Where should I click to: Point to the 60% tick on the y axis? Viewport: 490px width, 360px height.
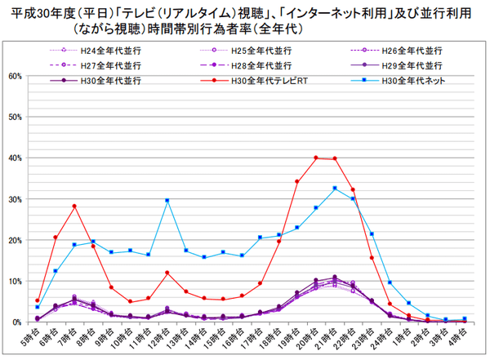click(16, 76)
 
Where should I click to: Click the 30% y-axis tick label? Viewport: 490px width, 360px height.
click(16, 199)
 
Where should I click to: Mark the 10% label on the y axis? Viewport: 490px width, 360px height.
click(16, 282)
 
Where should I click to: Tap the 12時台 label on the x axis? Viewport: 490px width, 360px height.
click(164, 337)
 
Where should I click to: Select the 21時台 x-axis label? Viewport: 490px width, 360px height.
click(332, 337)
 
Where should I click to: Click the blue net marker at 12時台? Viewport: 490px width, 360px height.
click(167, 200)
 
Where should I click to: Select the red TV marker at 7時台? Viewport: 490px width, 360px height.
click(74, 207)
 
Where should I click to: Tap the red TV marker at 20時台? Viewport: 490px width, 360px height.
click(316, 158)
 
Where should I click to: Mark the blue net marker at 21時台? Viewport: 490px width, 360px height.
click(335, 188)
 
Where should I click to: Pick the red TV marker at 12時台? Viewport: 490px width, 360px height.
click(167, 273)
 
